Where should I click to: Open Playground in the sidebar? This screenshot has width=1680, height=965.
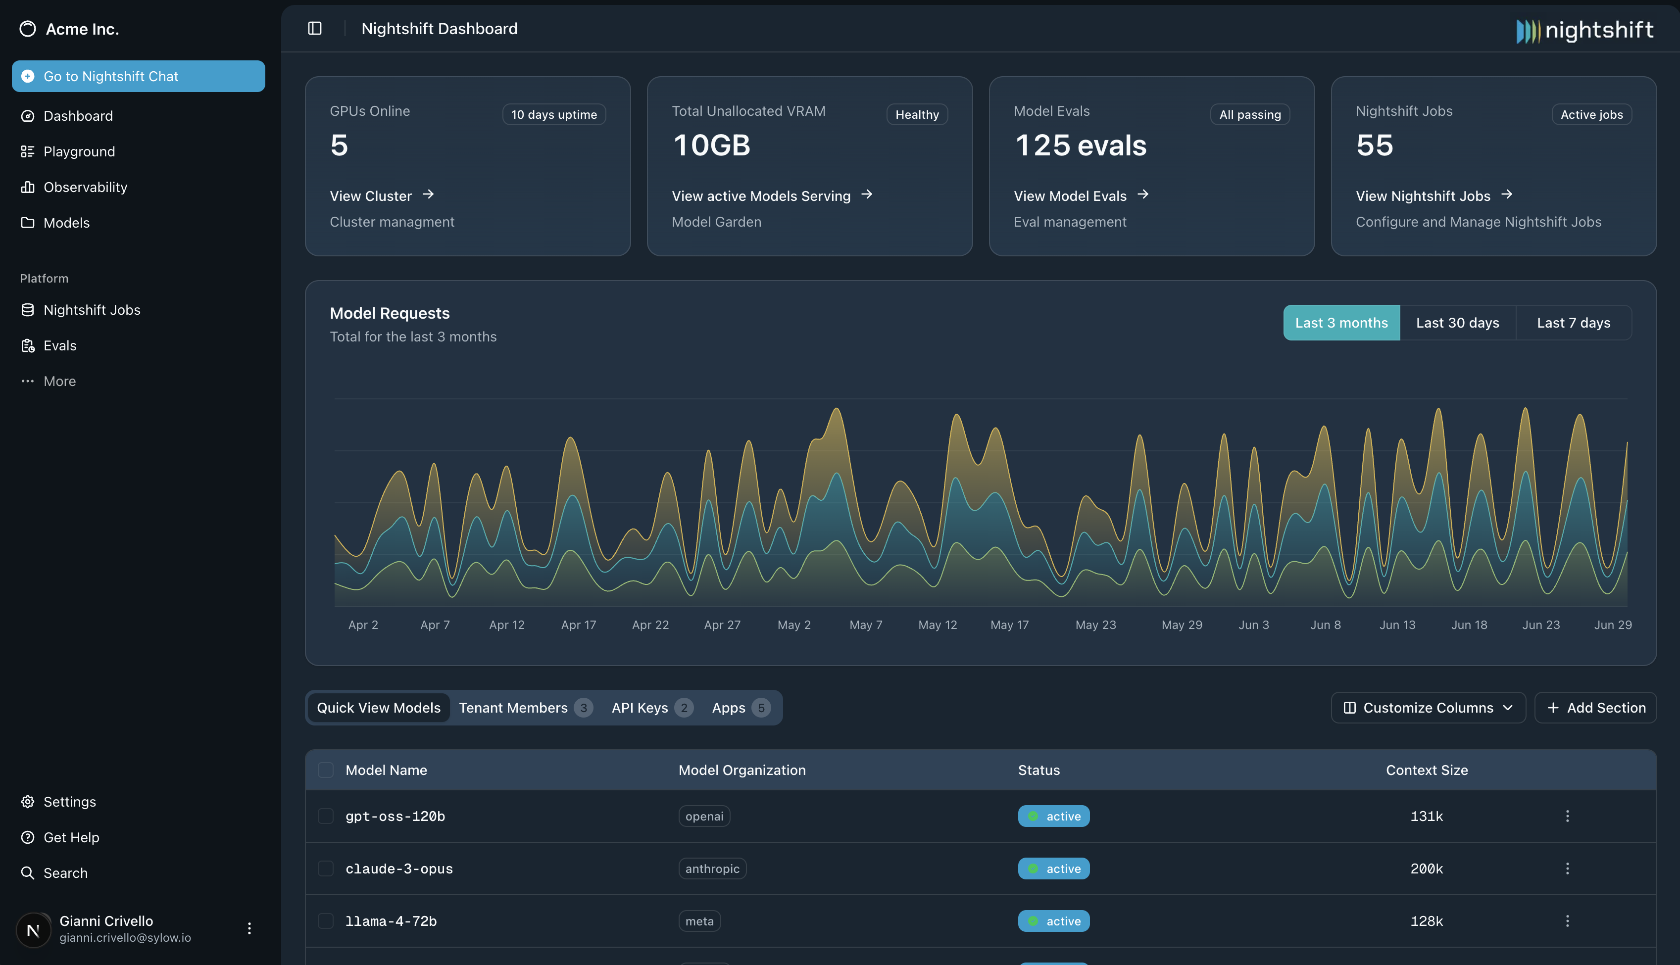pos(79,152)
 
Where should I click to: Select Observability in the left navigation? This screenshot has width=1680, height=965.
pos(85,188)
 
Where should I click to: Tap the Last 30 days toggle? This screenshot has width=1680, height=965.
pos(1457,323)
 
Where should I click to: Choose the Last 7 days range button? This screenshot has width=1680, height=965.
pos(1573,323)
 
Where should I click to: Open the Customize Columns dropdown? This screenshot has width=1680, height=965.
pos(1428,708)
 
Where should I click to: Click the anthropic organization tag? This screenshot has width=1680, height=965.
pos(712,869)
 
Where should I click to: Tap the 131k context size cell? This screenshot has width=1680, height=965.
pos(1426,817)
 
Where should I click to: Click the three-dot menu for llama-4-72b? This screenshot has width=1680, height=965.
pos(1567,921)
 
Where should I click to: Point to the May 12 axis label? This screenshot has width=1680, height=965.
pos(937,625)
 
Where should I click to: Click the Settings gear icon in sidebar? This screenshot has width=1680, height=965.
pos(27,802)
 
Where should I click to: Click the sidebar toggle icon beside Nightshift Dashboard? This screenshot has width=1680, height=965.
pos(315,29)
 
